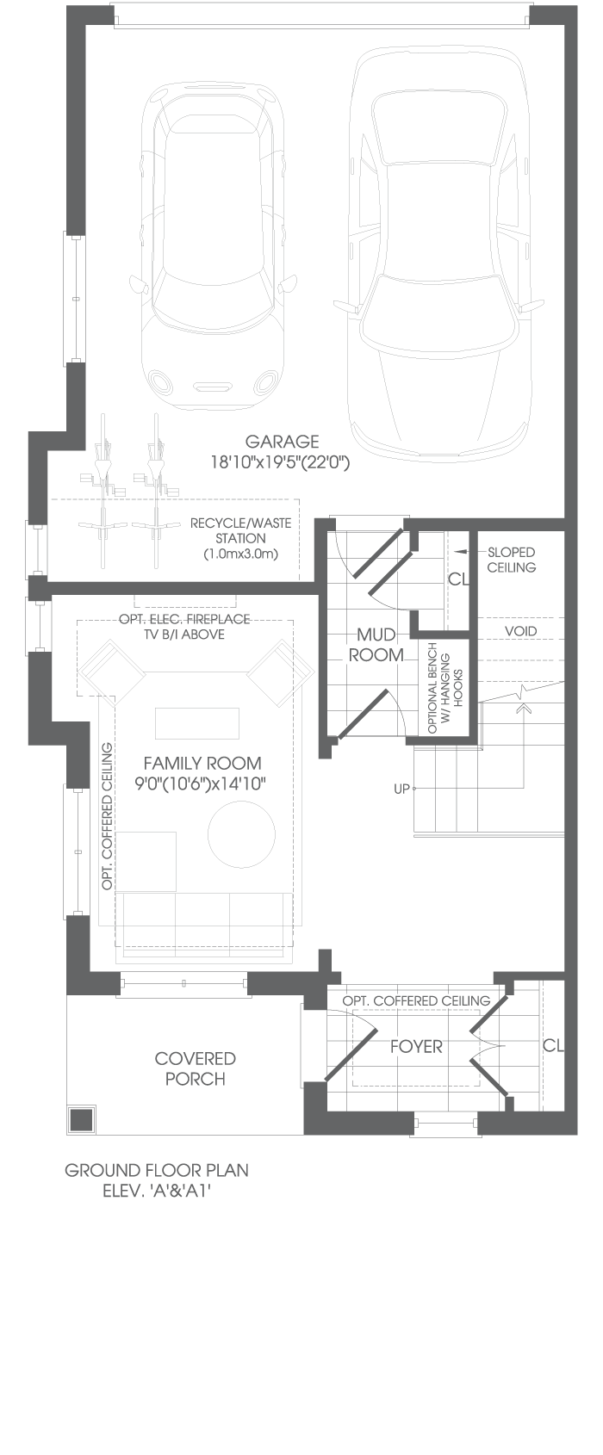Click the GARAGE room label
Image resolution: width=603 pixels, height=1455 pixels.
(282, 442)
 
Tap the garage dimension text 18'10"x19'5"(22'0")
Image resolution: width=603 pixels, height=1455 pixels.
(280, 462)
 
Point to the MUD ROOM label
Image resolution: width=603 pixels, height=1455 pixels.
(376, 644)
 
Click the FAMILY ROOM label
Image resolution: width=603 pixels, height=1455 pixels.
(202, 763)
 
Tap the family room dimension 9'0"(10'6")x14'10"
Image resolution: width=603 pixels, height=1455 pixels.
(201, 784)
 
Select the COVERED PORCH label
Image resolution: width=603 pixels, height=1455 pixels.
(195, 1068)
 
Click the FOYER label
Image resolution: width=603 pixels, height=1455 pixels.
(416, 1046)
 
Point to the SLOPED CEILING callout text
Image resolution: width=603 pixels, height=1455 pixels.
(512, 560)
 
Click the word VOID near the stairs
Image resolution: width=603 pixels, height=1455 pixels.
(520, 631)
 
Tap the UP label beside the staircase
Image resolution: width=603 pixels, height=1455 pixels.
(401, 789)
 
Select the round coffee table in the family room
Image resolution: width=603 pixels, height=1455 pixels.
(241, 834)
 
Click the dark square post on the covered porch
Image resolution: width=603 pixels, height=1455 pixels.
(81, 1119)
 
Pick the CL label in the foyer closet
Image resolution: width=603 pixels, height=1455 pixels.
(553, 1045)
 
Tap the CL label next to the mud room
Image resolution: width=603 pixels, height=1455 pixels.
(458, 579)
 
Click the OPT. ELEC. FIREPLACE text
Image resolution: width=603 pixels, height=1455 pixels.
(184, 619)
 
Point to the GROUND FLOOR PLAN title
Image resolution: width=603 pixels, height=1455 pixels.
(157, 1171)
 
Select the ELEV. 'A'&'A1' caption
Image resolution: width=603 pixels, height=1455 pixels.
(156, 1192)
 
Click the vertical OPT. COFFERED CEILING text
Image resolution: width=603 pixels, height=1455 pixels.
(107, 816)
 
